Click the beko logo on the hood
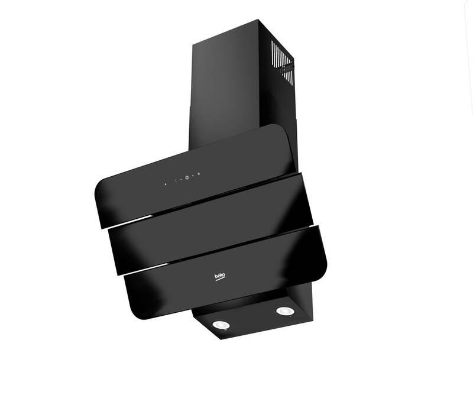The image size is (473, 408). click(x=219, y=277)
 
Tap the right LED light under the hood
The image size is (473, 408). click(x=284, y=311)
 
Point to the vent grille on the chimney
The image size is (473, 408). click(x=282, y=60)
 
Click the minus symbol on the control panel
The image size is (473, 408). click(x=181, y=179)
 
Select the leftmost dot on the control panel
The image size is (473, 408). click(x=166, y=183)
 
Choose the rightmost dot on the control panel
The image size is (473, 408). click(x=199, y=174)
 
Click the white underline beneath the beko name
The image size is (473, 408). click(x=220, y=280)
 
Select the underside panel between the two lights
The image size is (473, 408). click(x=251, y=319)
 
